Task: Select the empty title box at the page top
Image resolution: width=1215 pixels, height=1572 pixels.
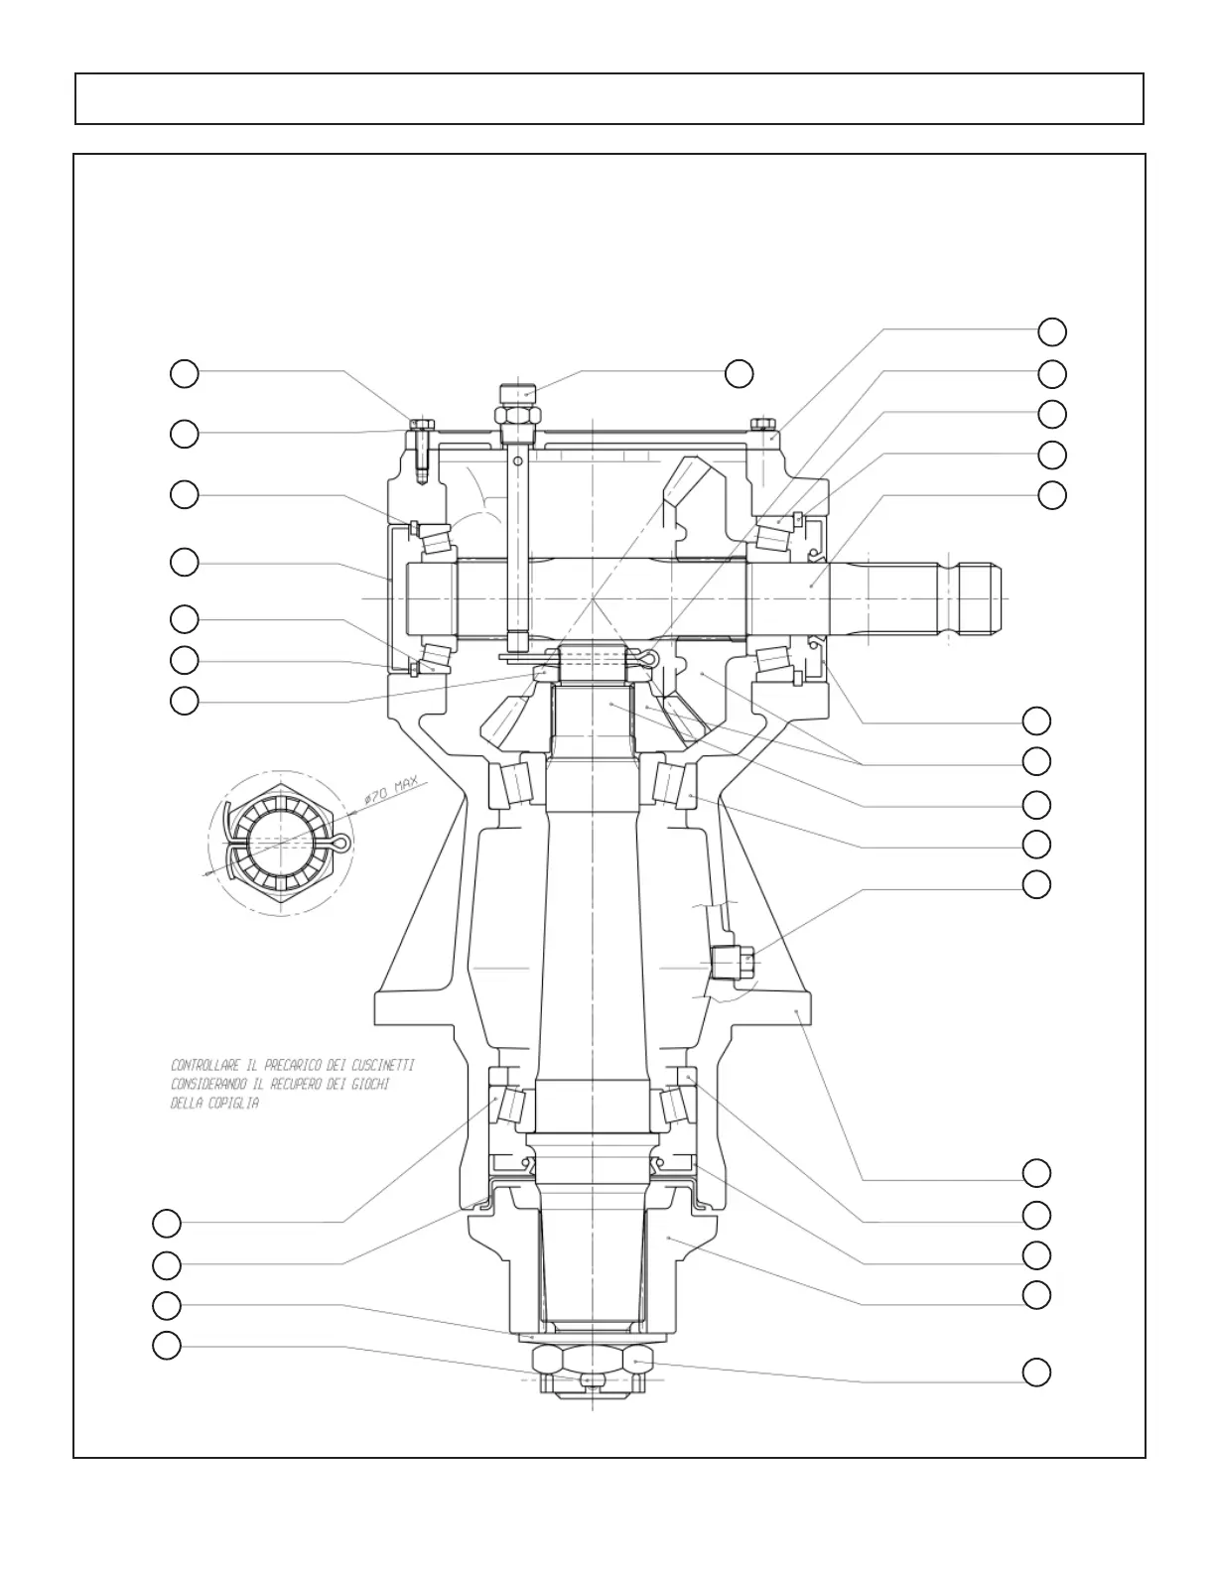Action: tap(608, 98)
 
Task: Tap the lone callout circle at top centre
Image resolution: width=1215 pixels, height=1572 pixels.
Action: tap(739, 374)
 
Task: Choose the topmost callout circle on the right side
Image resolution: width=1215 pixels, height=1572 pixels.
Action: tap(1052, 330)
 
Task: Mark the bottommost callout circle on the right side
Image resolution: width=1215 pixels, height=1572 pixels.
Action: tap(1036, 1373)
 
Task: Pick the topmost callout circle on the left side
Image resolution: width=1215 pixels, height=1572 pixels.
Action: tap(184, 374)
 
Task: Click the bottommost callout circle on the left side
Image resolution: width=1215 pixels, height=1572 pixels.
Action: tap(167, 1345)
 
